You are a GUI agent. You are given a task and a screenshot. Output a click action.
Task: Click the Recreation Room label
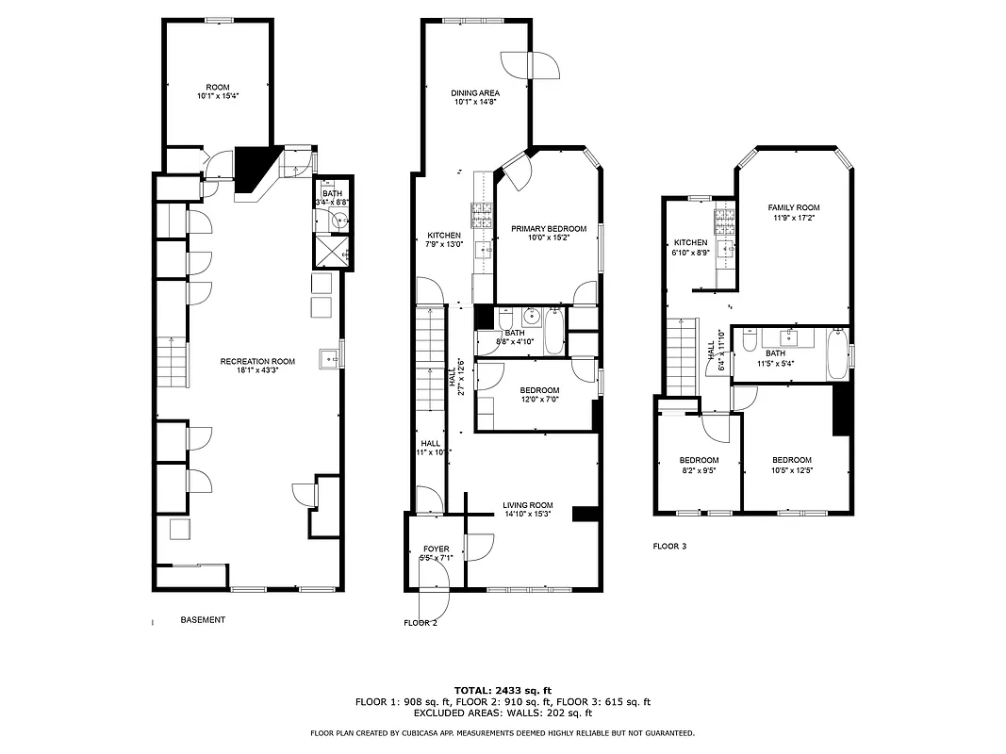point(257,361)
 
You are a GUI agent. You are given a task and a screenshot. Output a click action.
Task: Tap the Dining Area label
point(475,93)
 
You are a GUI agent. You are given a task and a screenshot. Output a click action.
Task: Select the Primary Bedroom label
point(548,229)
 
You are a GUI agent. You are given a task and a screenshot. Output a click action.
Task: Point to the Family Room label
point(793,207)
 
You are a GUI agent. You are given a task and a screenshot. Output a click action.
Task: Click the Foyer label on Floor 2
point(436,549)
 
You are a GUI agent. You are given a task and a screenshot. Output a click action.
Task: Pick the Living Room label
point(527,504)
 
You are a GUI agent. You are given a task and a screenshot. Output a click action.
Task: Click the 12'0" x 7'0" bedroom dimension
point(539,400)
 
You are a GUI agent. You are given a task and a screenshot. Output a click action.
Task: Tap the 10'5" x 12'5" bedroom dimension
point(792,469)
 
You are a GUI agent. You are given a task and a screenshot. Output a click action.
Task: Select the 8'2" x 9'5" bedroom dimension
point(699,469)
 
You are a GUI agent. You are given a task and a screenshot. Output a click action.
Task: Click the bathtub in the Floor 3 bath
point(837,353)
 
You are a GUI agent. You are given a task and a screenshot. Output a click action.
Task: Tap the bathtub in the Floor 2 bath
point(553,331)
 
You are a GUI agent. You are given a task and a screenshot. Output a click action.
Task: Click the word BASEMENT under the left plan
point(203,619)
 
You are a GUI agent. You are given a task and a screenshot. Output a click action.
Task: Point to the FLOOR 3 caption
point(670,546)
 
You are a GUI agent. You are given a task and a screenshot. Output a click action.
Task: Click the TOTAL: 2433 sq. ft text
point(503,690)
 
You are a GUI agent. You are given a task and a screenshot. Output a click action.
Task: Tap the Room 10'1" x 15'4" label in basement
point(218,90)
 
